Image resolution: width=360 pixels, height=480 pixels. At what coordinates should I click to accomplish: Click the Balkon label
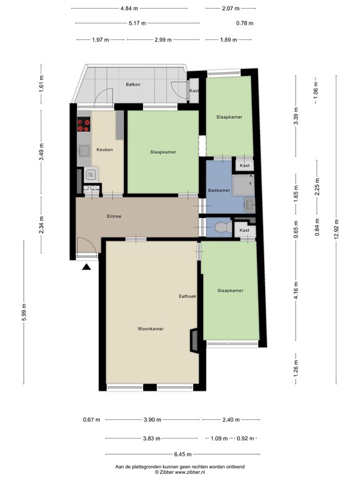point(132,84)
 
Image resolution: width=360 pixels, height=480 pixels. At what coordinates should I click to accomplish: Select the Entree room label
point(114,216)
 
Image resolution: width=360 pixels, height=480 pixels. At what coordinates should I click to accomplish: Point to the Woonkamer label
point(151,328)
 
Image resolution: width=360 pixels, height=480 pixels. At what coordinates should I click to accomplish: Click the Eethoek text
point(187,296)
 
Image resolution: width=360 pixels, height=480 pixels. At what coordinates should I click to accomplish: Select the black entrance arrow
point(86,267)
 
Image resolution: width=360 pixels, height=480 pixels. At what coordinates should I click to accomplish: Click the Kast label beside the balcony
point(194,91)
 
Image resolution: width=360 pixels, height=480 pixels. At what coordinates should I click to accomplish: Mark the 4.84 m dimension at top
point(129,8)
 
